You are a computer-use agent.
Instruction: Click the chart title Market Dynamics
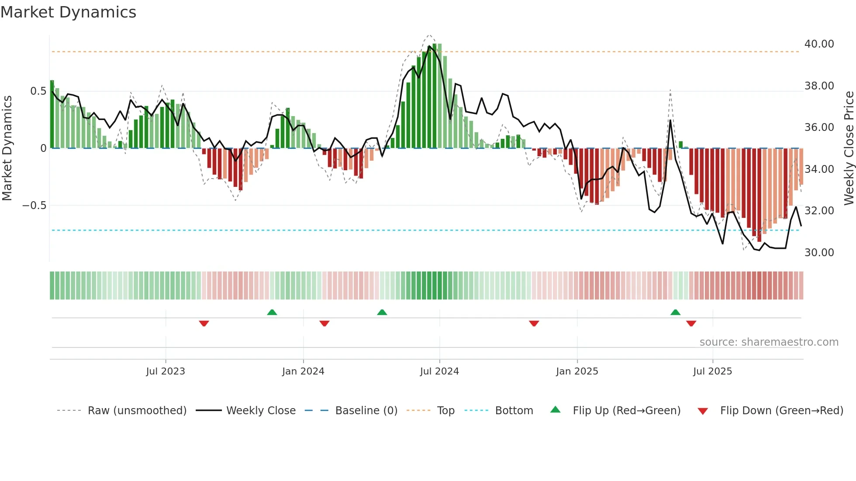pos(68,12)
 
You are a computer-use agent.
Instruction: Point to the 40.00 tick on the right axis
pos(819,44)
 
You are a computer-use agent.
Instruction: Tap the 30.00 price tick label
pos(819,252)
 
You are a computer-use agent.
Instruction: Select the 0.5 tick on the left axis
pos(38,91)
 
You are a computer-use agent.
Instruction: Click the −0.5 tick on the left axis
pos(34,206)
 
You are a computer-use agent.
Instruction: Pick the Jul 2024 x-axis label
pos(439,371)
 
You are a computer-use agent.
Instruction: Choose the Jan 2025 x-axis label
pos(577,371)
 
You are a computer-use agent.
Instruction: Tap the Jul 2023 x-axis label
pos(166,371)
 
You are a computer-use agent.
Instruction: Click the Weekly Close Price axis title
pos(849,148)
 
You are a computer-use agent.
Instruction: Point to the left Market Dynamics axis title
pos(7,148)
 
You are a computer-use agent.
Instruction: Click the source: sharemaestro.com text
pos(769,342)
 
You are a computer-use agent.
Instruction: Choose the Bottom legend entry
pos(514,411)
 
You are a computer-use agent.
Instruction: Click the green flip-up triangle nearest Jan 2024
pos(272,312)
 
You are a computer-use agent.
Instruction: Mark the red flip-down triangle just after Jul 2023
pos(204,323)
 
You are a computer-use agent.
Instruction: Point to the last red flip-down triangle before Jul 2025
pos(691,323)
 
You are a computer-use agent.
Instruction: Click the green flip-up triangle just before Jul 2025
pos(675,312)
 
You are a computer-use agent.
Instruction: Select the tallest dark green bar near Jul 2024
pos(435,96)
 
